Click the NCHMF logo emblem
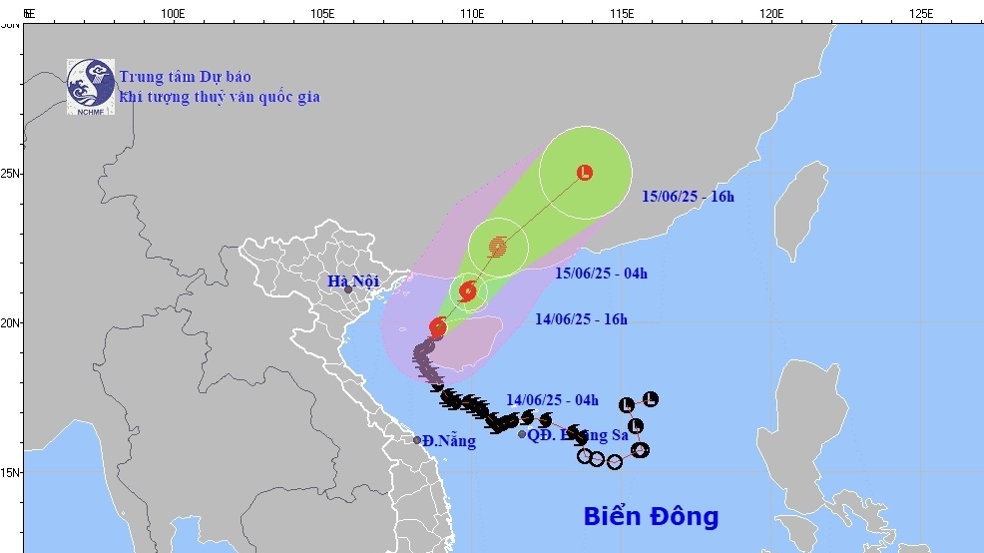coord(92,86)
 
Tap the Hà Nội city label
coord(353,281)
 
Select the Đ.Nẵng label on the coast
coord(448,441)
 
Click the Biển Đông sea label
coord(651,516)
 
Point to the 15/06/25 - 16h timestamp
coord(688,197)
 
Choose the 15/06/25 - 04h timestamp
coord(601,274)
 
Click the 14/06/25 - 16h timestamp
coord(581,319)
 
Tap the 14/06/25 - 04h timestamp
coord(552,400)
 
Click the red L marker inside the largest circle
coord(585,173)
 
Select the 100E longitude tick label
coord(173,14)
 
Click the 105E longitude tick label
coord(322,14)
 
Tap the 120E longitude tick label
coord(771,14)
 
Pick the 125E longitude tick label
coord(921,14)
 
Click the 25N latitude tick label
coord(10,174)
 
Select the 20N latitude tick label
coord(10,323)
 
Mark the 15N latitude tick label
coord(10,472)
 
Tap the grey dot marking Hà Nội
coord(348,290)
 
